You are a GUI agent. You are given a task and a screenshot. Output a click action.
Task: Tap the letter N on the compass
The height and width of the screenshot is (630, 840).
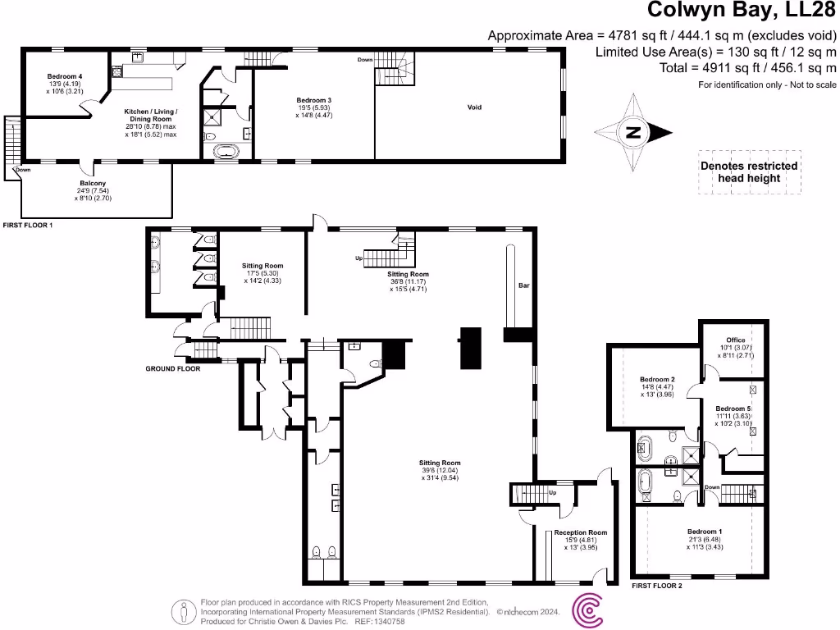tap(632, 132)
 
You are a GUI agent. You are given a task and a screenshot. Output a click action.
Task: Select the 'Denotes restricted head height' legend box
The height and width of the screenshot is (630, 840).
tap(748, 171)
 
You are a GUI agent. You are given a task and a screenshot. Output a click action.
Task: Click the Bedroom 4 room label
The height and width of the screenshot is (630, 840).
tap(63, 76)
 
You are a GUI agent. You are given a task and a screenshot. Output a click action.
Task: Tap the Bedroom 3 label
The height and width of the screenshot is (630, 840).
tap(314, 100)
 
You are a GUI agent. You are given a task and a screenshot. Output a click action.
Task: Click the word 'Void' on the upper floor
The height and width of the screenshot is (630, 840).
tap(474, 107)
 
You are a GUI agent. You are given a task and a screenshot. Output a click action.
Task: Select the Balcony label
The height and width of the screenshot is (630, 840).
tap(92, 183)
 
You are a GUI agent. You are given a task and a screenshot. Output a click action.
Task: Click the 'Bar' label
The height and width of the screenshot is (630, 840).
tap(523, 286)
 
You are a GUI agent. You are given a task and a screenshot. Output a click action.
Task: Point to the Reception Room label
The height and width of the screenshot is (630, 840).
tap(580, 532)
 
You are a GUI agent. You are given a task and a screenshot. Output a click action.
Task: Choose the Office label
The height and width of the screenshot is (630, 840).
tap(735, 340)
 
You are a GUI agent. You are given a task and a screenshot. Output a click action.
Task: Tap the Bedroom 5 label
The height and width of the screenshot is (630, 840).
tap(733, 409)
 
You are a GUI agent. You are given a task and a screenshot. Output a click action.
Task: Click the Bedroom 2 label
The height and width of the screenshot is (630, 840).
tap(657, 379)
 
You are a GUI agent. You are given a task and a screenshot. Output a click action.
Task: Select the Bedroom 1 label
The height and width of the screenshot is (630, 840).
tap(705, 532)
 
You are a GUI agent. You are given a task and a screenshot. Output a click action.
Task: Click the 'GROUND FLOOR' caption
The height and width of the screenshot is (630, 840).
tap(172, 369)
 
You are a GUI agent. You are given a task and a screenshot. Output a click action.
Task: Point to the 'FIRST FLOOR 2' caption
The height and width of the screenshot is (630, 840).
tap(657, 586)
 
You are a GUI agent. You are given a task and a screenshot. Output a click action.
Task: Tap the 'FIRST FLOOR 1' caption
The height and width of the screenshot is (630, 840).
tap(28, 224)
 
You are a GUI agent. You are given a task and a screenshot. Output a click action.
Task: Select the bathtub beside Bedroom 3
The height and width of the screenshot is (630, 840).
tap(226, 151)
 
